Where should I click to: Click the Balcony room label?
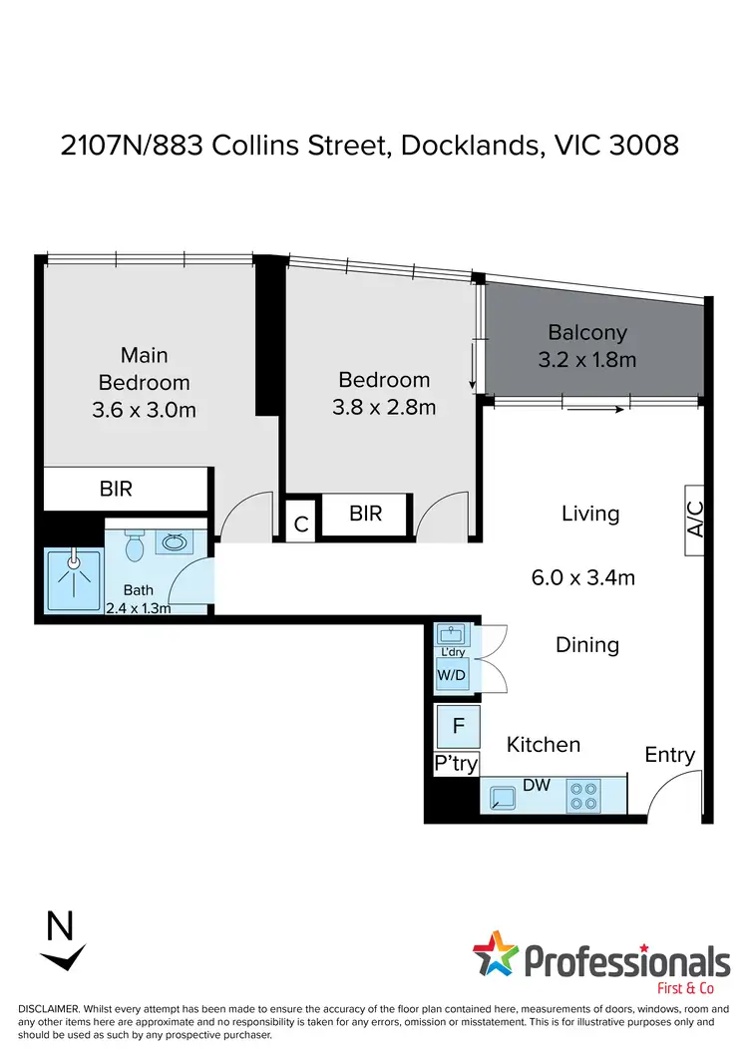point(587,332)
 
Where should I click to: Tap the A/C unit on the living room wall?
point(696,521)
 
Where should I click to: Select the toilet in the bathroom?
point(137,545)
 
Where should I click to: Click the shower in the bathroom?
point(73,577)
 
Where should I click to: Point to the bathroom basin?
point(176,543)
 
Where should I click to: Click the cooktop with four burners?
point(583,795)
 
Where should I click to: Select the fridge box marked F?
point(458,726)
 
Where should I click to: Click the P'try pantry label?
point(457,764)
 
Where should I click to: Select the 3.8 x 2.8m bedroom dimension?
point(384,407)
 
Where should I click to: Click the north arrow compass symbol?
point(61,942)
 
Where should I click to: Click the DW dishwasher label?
point(537,786)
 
